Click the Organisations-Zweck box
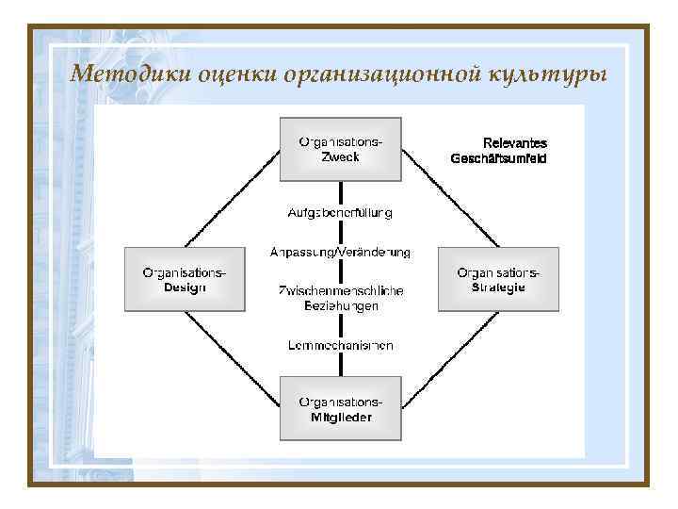[340, 148]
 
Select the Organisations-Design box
[185, 279]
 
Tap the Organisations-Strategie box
[498, 279]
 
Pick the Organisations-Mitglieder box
[340, 409]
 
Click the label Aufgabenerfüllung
[340, 213]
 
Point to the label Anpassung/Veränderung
[340, 253]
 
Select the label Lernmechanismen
[340, 345]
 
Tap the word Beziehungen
[340, 305]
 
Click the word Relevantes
[514, 143]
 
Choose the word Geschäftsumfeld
[499, 158]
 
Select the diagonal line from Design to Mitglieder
[231, 359]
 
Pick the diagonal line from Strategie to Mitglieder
[449, 359]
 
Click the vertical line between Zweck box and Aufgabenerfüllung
[340, 192]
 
